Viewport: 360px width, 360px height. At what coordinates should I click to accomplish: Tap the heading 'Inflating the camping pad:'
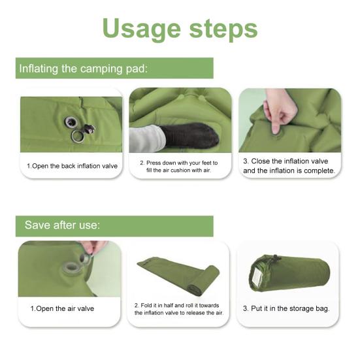click(x=83, y=69)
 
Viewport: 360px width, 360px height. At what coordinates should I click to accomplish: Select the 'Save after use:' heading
click(x=62, y=225)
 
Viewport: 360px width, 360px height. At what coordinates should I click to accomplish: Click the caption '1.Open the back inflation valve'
click(x=72, y=166)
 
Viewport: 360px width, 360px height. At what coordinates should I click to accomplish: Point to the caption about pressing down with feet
click(x=179, y=166)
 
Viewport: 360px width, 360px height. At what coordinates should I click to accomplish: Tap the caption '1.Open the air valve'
click(x=62, y=308)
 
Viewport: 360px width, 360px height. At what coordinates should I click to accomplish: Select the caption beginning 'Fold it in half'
click(x=179, y=308)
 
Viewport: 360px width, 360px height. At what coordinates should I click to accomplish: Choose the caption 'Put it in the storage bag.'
click(x=286, y=308)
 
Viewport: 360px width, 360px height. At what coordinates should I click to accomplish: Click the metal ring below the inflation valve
click(x=78, y=137)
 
